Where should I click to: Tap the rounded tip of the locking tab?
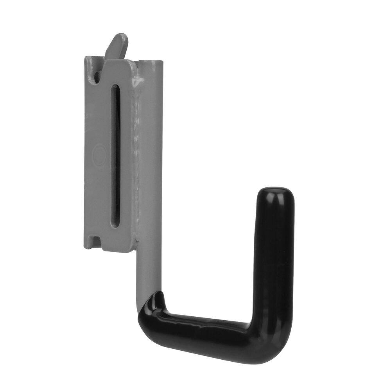[x=122, y=38]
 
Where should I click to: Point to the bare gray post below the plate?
[x=149, y=270]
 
